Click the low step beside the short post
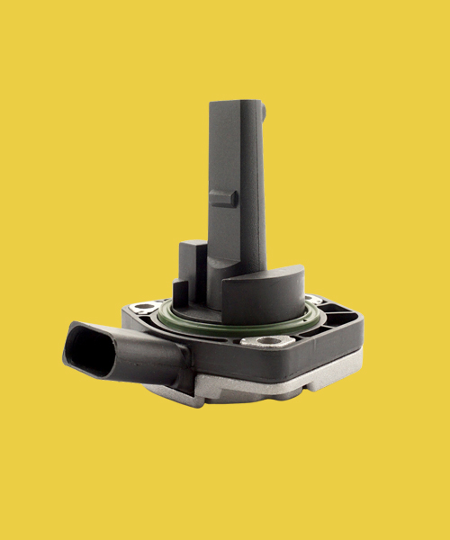179,292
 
